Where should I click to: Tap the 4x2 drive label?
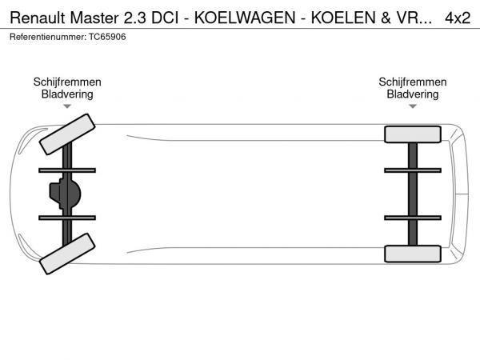click(458, 18)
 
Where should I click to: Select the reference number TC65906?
click(107, 37)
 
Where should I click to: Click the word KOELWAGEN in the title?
click(245, 18)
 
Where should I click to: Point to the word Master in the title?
click(94, 18)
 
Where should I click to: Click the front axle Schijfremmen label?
click(67, 82)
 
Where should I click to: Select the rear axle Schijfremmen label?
click(412, 82)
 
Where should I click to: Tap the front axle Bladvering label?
click(67, 94)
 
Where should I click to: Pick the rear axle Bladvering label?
click(412, 94)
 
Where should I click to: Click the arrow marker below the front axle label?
click(67, 106)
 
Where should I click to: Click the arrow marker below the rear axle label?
click(413, 106)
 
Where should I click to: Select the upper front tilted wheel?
click(67, 134)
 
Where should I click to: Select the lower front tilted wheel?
click(67, 254)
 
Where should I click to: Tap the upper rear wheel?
click(413, 134)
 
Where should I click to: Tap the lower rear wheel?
click(413, 254)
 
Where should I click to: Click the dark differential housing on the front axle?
click(66, 194)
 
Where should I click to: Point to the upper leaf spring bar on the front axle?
click(67, 170)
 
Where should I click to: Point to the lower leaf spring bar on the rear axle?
click(413, 218)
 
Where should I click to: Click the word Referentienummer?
click(48, 37)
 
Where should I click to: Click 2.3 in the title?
click(135, 18)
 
